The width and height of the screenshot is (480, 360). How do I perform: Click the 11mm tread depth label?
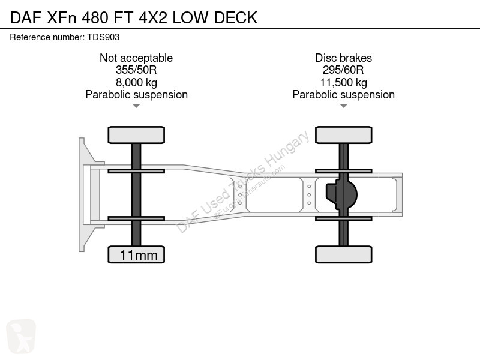pyautogui.click(x=139, y=255)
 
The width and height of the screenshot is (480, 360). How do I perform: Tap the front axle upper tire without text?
pyautogui.click(x=136, y=135)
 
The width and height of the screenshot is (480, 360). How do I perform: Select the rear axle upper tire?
pyautogui.click(x=343, y=135)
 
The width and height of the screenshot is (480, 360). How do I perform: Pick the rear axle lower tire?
pyautogui.click(x=343, y=254)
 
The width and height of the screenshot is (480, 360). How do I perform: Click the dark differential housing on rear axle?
pyautogui.click(x=341, y=194)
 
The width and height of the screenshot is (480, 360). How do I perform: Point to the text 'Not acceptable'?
pyautogui.click(x=136, y=58)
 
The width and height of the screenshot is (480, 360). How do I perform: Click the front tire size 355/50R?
pyautogui.click(x=136, y=70)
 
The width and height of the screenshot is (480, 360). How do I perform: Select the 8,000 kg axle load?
pyautogui.click(x=136, y=83)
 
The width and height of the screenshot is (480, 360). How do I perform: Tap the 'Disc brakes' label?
pyautogui.click(x=343, y=58)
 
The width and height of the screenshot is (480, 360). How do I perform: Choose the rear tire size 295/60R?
pyautogui.click(x=343, y=70)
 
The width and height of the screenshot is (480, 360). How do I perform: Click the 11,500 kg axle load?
pyautogui.click(x=343, y=83)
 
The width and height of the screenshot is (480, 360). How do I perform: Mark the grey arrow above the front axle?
pyautogui.click(x=136, y=106)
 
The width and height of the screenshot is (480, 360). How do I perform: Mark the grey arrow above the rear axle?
pyautogui.click(x=343, y=106)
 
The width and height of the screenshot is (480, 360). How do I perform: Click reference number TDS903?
pyautogui.click(x=103, y=37)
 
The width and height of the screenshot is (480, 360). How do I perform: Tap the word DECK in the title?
pyautogui.click(x=236, y=18)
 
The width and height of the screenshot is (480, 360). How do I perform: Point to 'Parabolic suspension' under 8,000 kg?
pyautogui.click(x=136, y=95)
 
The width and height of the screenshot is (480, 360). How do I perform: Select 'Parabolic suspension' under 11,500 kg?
pyautogui.click(x=343, y=95)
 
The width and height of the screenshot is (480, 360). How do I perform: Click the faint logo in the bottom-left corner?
pyautogui.click(x=21, y=336)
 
